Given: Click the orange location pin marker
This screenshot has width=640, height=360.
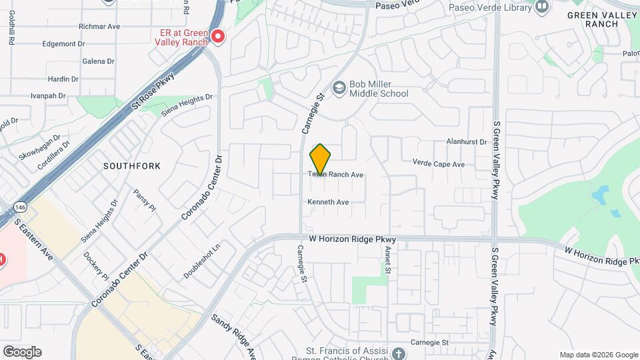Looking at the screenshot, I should click(320, 159).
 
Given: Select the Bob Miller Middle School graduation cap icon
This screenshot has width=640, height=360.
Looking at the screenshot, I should click(339, 87).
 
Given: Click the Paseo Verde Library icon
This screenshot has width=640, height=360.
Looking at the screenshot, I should click(542, 7).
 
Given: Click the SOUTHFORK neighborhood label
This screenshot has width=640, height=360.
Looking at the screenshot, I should click(132, 166).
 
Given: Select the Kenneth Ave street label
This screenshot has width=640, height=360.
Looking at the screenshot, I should click(328, 202).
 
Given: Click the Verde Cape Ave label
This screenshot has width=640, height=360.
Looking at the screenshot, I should click(438, 164).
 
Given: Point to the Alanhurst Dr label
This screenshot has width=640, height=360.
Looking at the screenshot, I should click(467, 142).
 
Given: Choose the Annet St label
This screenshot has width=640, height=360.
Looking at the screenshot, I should click(387, 259).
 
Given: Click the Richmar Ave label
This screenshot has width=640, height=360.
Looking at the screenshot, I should click(99, 27).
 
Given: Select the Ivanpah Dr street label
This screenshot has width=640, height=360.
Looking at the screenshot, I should click(49, 96).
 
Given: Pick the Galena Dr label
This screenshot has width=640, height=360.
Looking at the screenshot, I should click(98, 61).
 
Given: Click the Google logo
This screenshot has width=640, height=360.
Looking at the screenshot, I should click(22, 352).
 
